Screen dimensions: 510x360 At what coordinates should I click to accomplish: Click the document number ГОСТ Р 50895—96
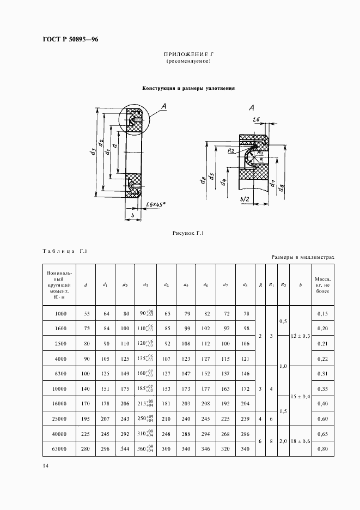70,39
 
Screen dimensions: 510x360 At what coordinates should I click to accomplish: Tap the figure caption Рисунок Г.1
188,234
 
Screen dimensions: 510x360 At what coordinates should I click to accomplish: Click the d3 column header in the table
146,284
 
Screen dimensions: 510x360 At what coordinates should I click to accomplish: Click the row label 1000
61,314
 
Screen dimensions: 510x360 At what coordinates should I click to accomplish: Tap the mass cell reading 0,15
322,314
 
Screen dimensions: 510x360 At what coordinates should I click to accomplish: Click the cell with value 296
106,448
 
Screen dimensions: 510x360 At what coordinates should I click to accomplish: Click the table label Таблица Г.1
65,251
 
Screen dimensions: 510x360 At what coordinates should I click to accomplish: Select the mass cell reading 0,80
322,448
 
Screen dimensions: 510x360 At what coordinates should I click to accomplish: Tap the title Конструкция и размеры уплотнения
188,88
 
